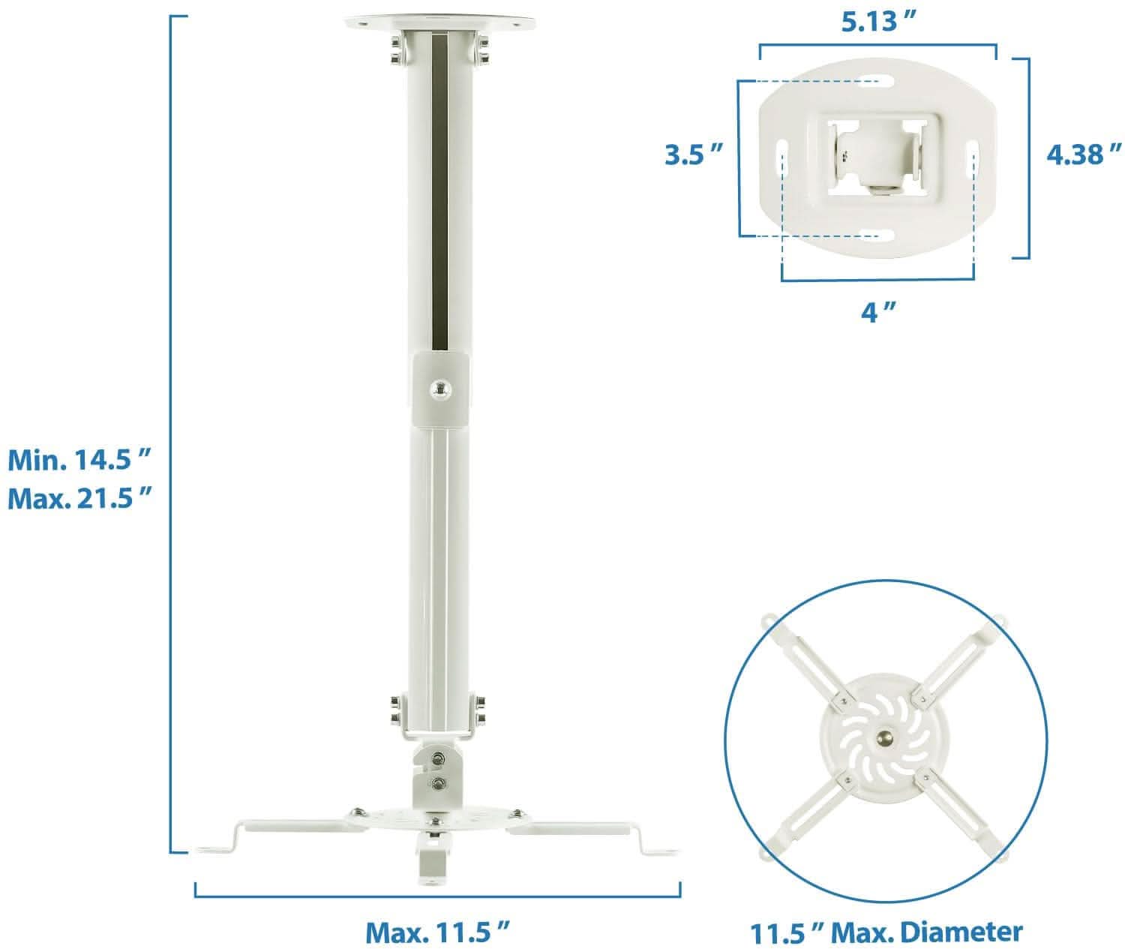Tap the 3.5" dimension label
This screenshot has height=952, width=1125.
click(x=694, y=155)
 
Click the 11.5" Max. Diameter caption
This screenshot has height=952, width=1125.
click(x=886, y=932)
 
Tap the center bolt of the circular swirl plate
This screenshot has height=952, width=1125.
click(x=885, y=737)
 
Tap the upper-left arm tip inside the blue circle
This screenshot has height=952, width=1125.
click(x=769, y=622)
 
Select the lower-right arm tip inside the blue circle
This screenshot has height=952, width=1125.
click(x=1002, y=851)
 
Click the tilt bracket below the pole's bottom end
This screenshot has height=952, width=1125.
click(x=438, y=776)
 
